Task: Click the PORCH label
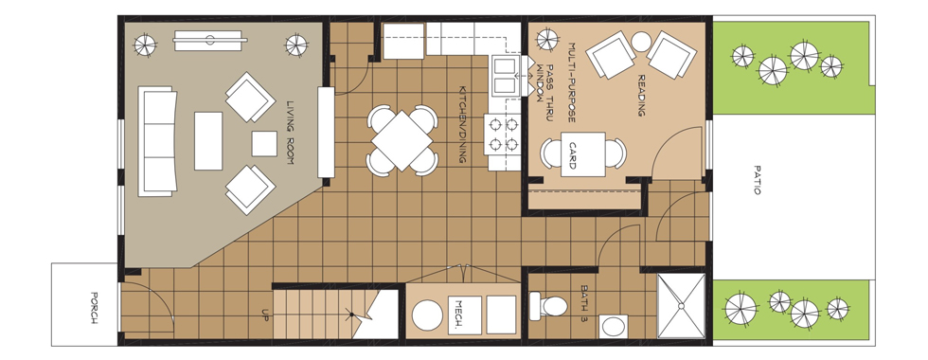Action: click(x=94, y=307)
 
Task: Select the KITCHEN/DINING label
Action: click(x=463, y=124)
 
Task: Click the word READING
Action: click(x=641, y=95)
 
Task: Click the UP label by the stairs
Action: click(x=265, y=315)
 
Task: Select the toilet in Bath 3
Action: click(x=548, y=305)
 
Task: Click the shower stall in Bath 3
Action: click(x=681, y=305)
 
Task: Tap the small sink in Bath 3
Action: click(x=614, y=326)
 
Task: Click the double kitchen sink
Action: click(x=505, y=76)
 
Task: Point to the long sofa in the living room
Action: click(x=158, y=141)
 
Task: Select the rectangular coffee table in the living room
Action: click(x=208, y=141)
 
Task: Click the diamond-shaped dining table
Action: click(x=402, y=141)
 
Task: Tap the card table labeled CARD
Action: click(x=583, y=154)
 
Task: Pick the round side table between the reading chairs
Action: click(x=641, y=42)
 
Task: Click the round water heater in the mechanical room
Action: click(x=427, y=315)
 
